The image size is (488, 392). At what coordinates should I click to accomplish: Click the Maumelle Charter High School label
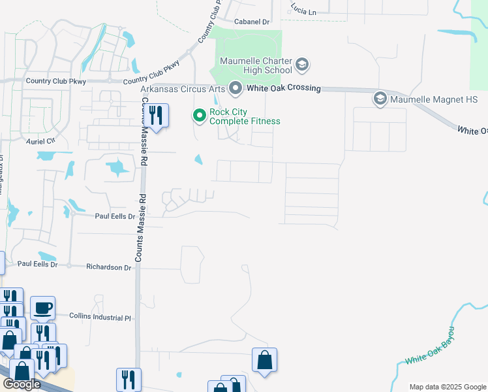[256, 65]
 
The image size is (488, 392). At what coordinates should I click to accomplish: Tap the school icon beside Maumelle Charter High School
[302, 65]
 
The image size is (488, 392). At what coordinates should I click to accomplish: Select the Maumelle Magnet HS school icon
[380, 99]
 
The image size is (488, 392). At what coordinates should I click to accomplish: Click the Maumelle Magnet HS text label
[434, 100]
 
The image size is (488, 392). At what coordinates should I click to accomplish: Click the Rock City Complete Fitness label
[245, 116]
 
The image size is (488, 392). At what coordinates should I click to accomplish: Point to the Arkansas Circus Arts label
[183, 89]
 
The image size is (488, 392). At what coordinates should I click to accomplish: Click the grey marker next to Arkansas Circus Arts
[236, 88]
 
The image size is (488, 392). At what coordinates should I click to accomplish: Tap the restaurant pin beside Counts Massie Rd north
[156, 116]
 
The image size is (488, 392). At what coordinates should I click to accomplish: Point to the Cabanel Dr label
[251, 22]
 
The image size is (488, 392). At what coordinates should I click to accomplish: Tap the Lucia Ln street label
[303, 12]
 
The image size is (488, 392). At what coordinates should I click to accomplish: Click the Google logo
[21, 384]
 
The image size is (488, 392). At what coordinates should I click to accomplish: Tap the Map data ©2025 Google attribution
[447, 387]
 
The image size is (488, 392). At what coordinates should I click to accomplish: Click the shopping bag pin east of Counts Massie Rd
[264, 360]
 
